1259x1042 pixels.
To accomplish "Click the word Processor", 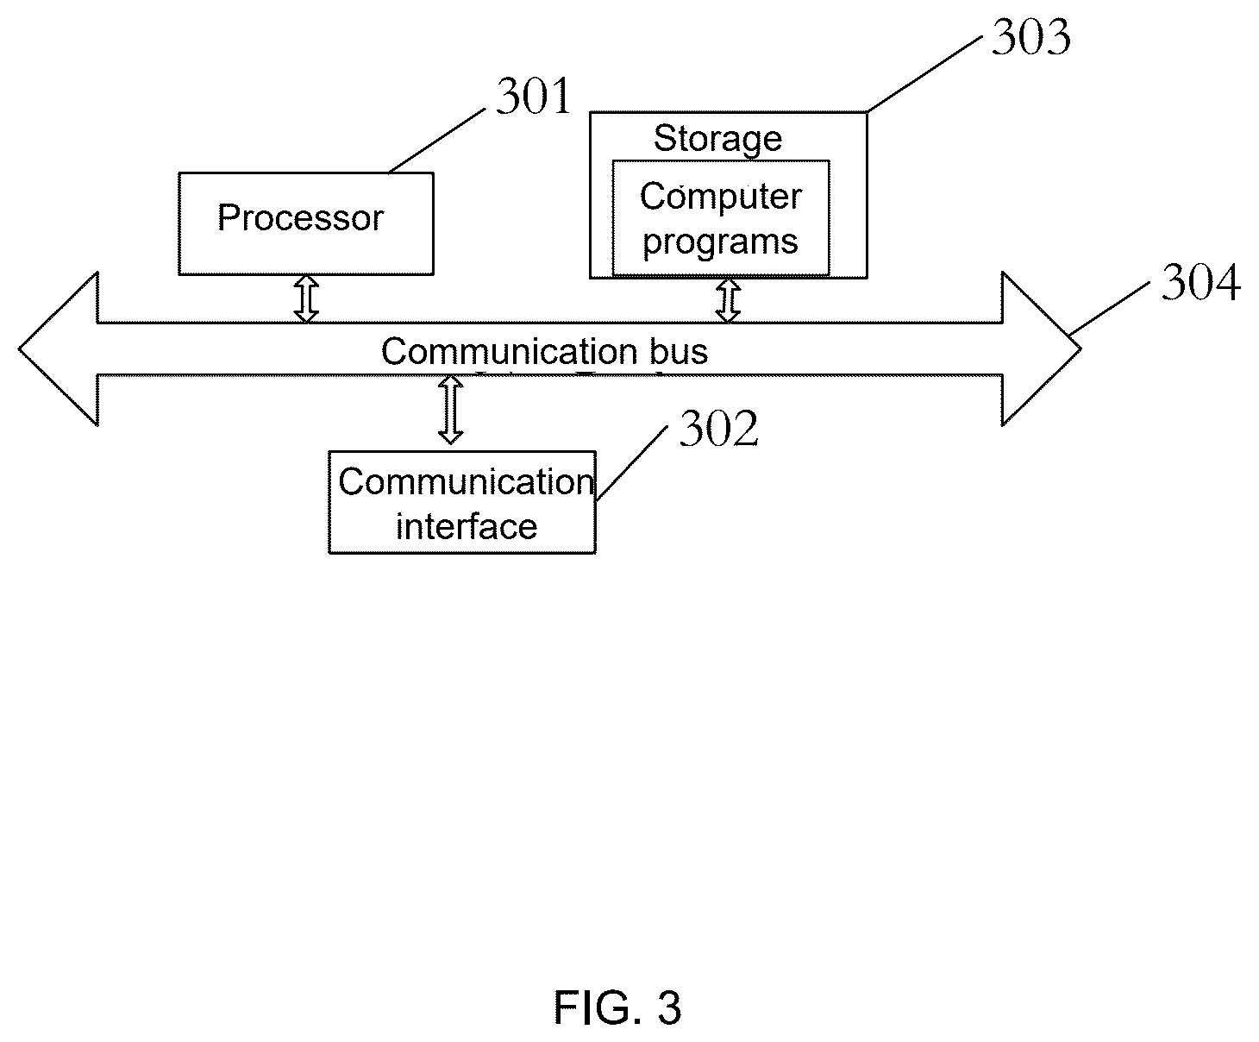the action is [300, 217].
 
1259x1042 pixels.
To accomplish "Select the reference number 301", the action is [533, 96].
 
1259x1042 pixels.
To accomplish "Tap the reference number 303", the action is [1031, 37].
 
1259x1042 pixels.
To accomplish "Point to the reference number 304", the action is [1200, 282].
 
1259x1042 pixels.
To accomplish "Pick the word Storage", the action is [717, 139].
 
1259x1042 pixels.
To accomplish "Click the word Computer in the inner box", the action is [721, 198].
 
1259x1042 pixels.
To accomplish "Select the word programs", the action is [720, 242].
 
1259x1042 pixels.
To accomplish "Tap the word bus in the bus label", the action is [679, 351].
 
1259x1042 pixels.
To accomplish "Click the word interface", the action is [467, 527].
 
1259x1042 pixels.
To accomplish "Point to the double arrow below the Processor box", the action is [306, 299].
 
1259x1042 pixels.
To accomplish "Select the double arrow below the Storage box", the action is [728, 300].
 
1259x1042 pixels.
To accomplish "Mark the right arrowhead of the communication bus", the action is [1042, 348].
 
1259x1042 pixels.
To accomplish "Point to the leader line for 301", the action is [437, 141].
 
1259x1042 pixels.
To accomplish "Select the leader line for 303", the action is [924, 74].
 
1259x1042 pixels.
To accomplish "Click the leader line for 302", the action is [632, 463].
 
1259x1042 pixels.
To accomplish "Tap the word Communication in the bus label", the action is [510, 351].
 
